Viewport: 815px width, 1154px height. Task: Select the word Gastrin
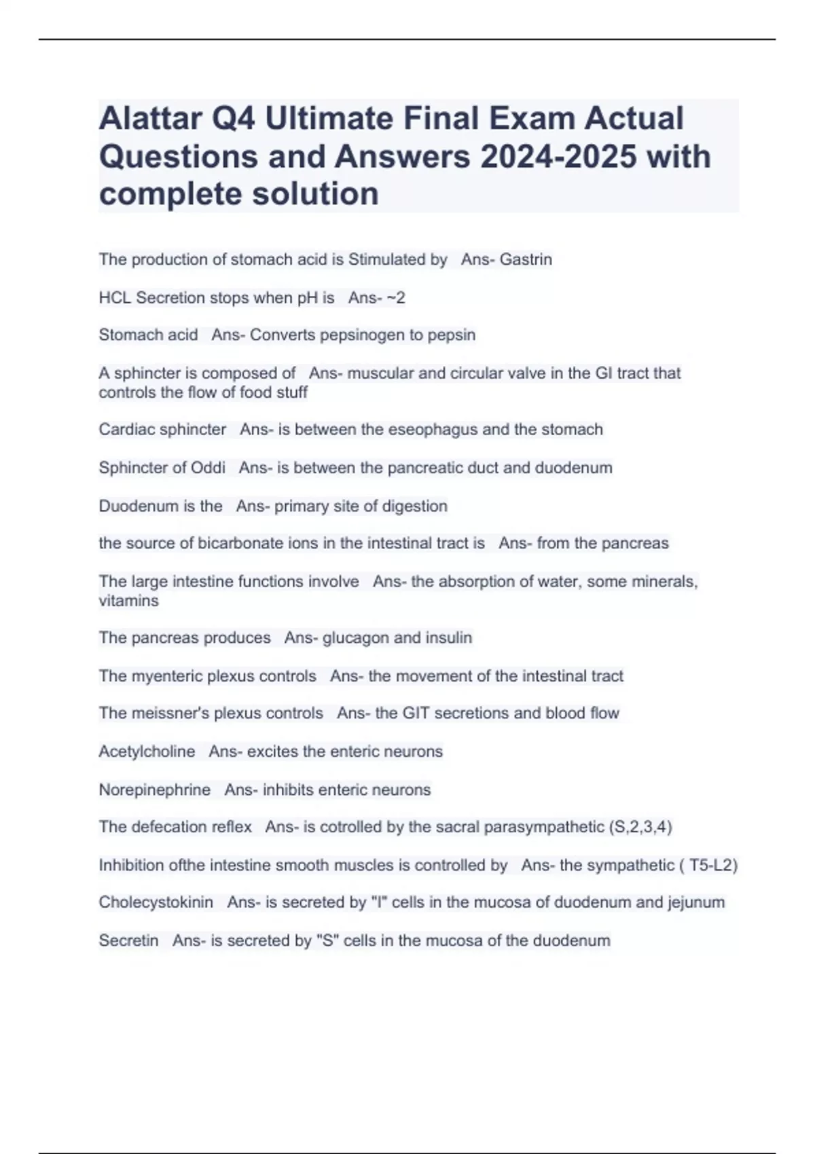(x=526, y=259)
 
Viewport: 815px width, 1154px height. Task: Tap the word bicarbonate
(x=238, y=543)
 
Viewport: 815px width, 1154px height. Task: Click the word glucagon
(x=355, y=637)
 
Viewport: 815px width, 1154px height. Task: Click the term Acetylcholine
(x=147, y=751)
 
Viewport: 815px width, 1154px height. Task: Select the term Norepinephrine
(x=155, y=789)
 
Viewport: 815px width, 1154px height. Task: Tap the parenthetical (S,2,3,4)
(x=640, y=827)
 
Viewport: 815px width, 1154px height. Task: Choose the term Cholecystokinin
(x=156, y=902)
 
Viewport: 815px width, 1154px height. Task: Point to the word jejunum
(x=696, y=902)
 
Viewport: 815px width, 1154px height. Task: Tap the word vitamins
(x=128, y=601)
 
